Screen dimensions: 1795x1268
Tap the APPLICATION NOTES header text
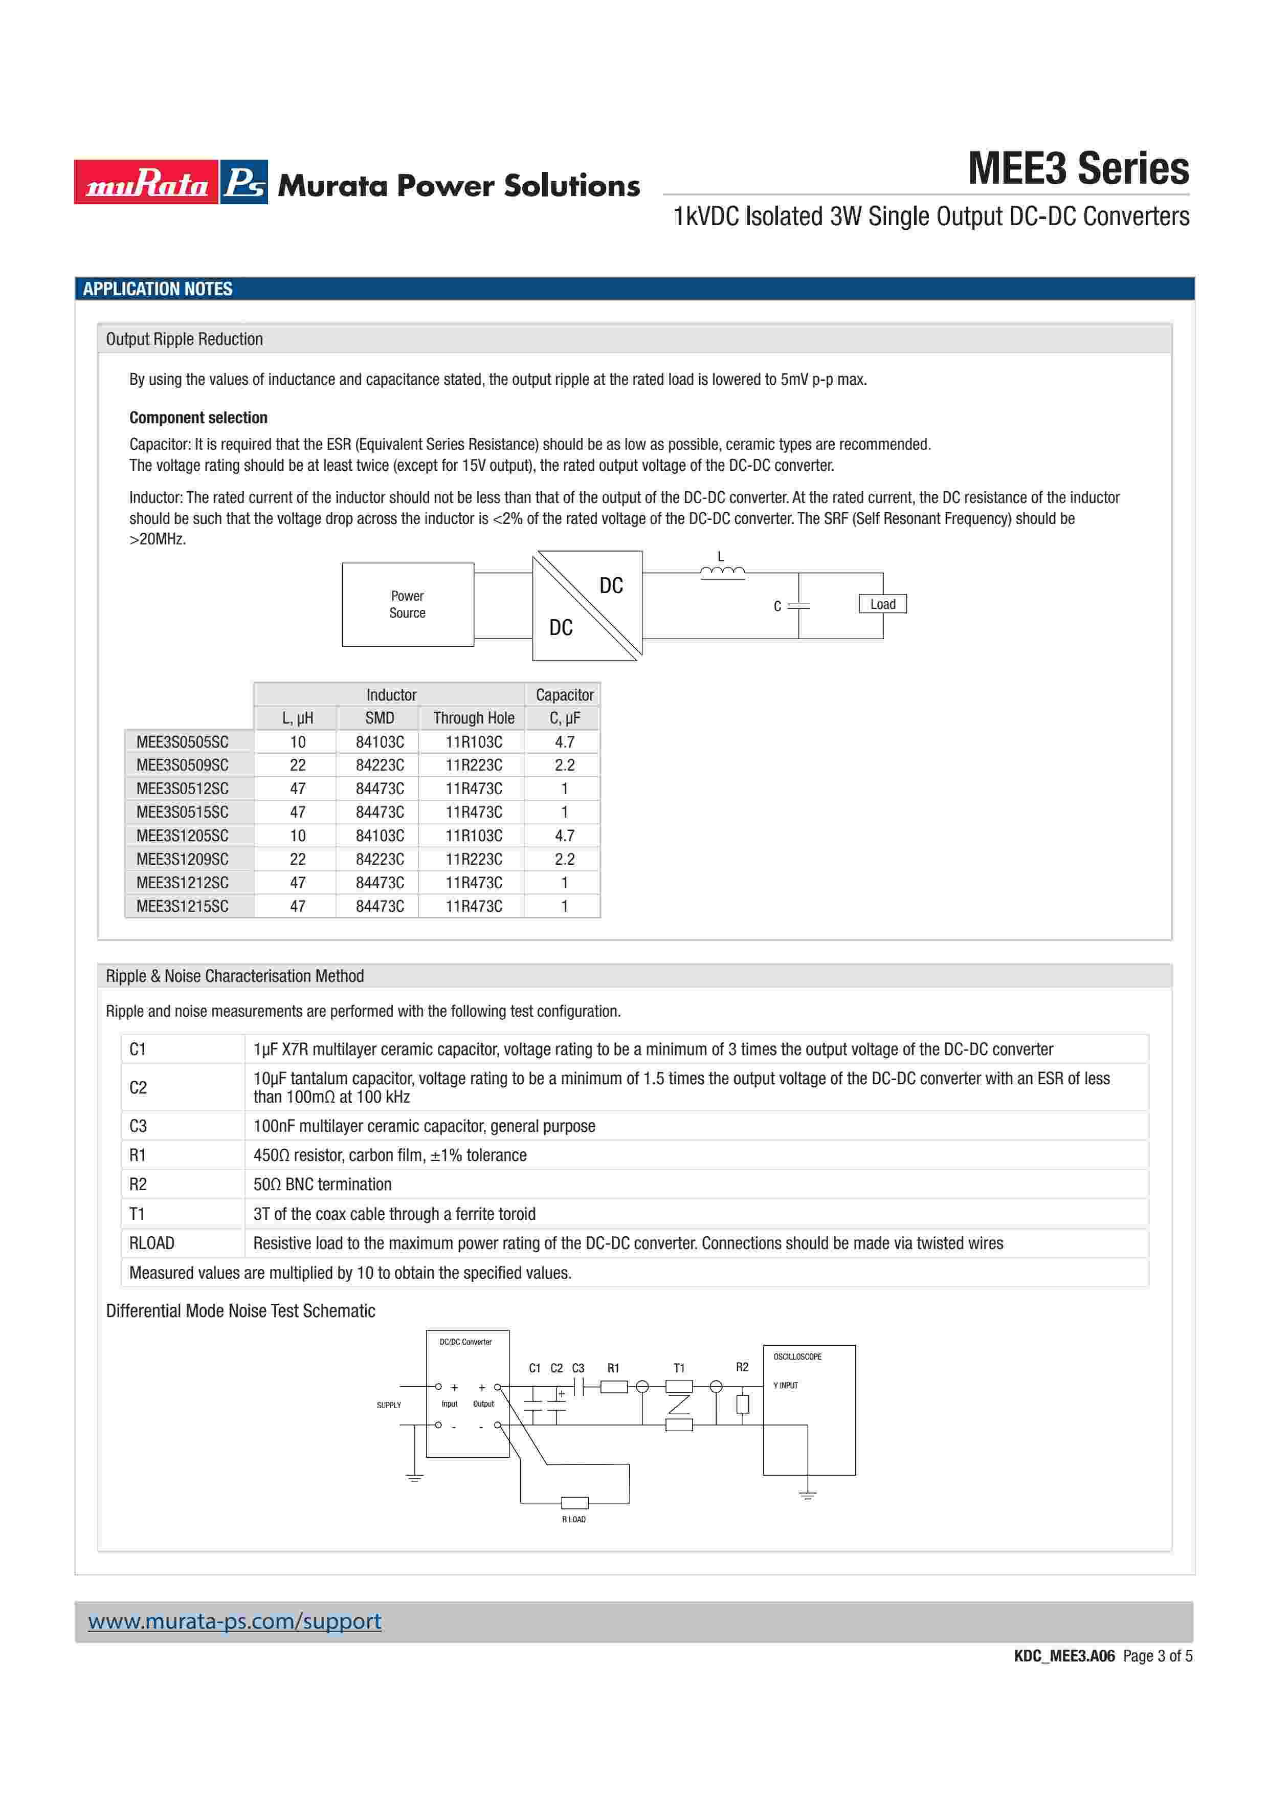coord(158,289)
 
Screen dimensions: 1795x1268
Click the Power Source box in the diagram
coord(407,604)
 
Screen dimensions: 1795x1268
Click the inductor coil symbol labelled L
coord(722,573)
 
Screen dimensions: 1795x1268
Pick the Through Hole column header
coord(474,718)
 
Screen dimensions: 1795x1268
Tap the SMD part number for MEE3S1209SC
coord(380,859)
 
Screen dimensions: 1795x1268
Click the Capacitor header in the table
coord(564,695)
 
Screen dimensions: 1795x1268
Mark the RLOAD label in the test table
coord(151,1243)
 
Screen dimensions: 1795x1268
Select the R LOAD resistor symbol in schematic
coord(574,1502)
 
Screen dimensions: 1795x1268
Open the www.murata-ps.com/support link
coord(234,1621)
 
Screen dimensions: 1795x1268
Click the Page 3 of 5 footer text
coord(1157,1656)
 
